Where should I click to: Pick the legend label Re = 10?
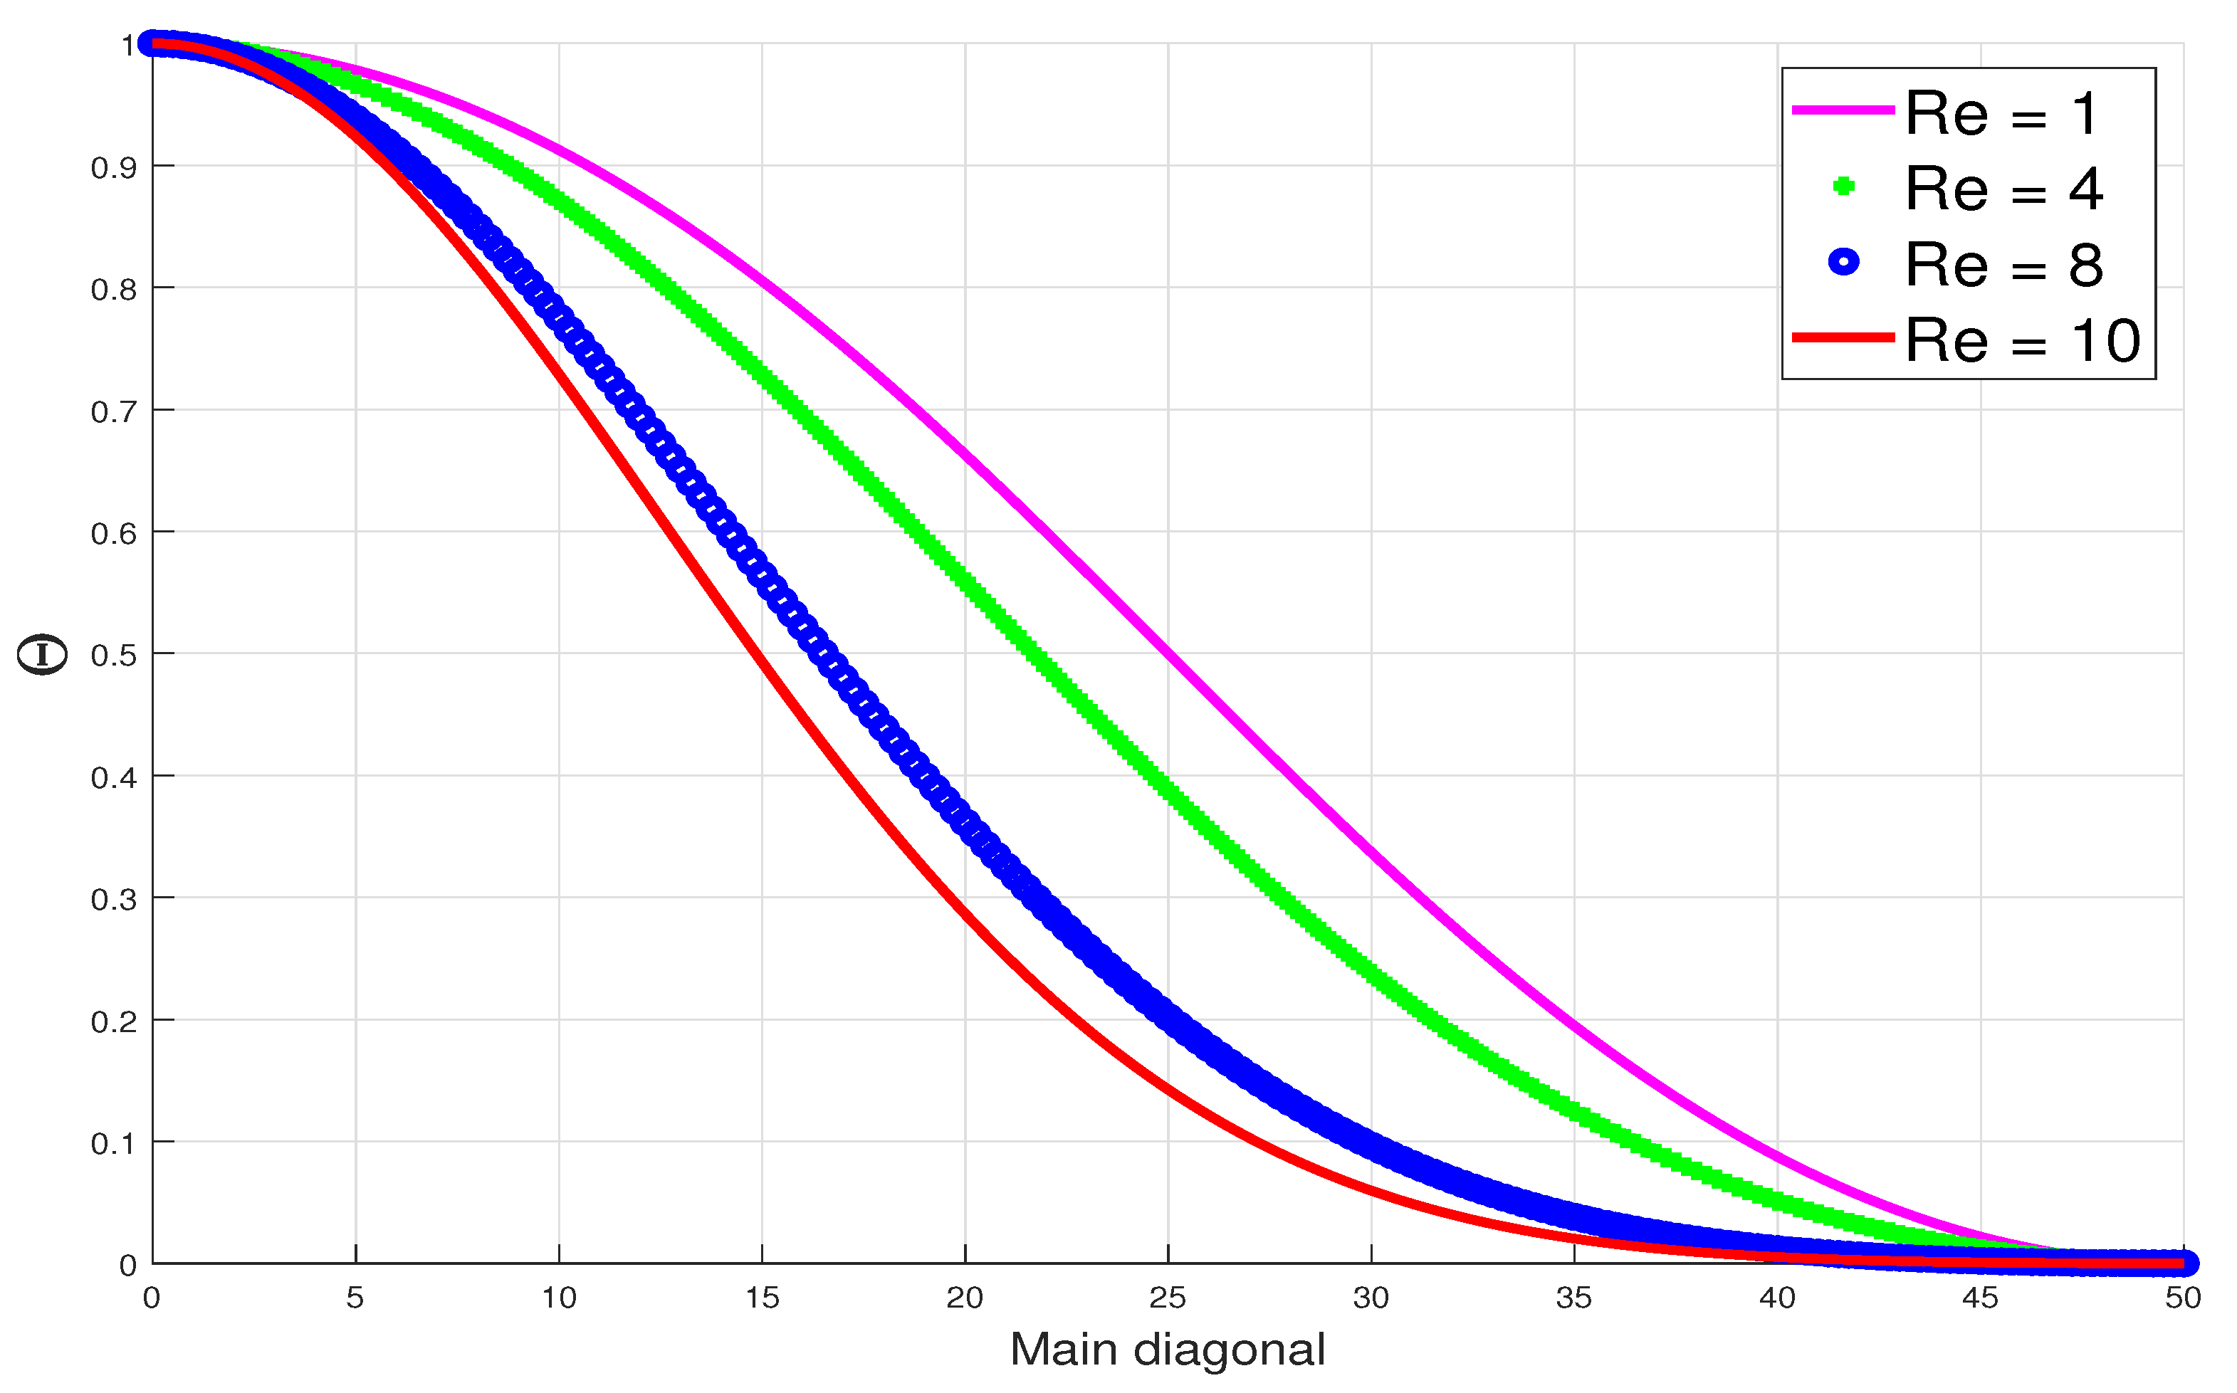coord(2021,341)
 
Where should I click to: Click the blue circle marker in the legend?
coord(1843,263)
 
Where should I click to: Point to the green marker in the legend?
coord(1843,187)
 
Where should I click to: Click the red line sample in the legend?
coord(1843,338)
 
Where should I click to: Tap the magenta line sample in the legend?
coord(1843,110)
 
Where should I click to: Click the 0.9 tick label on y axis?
coord(113,168)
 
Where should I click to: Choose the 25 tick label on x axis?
coord(1168,1298)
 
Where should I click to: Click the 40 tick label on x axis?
coord(1776,1298)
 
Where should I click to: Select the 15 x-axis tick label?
coord(761,1298)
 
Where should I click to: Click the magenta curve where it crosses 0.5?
coord(1168,654)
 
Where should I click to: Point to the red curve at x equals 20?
coord(965,915)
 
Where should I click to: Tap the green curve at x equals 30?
coord(1371,970)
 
